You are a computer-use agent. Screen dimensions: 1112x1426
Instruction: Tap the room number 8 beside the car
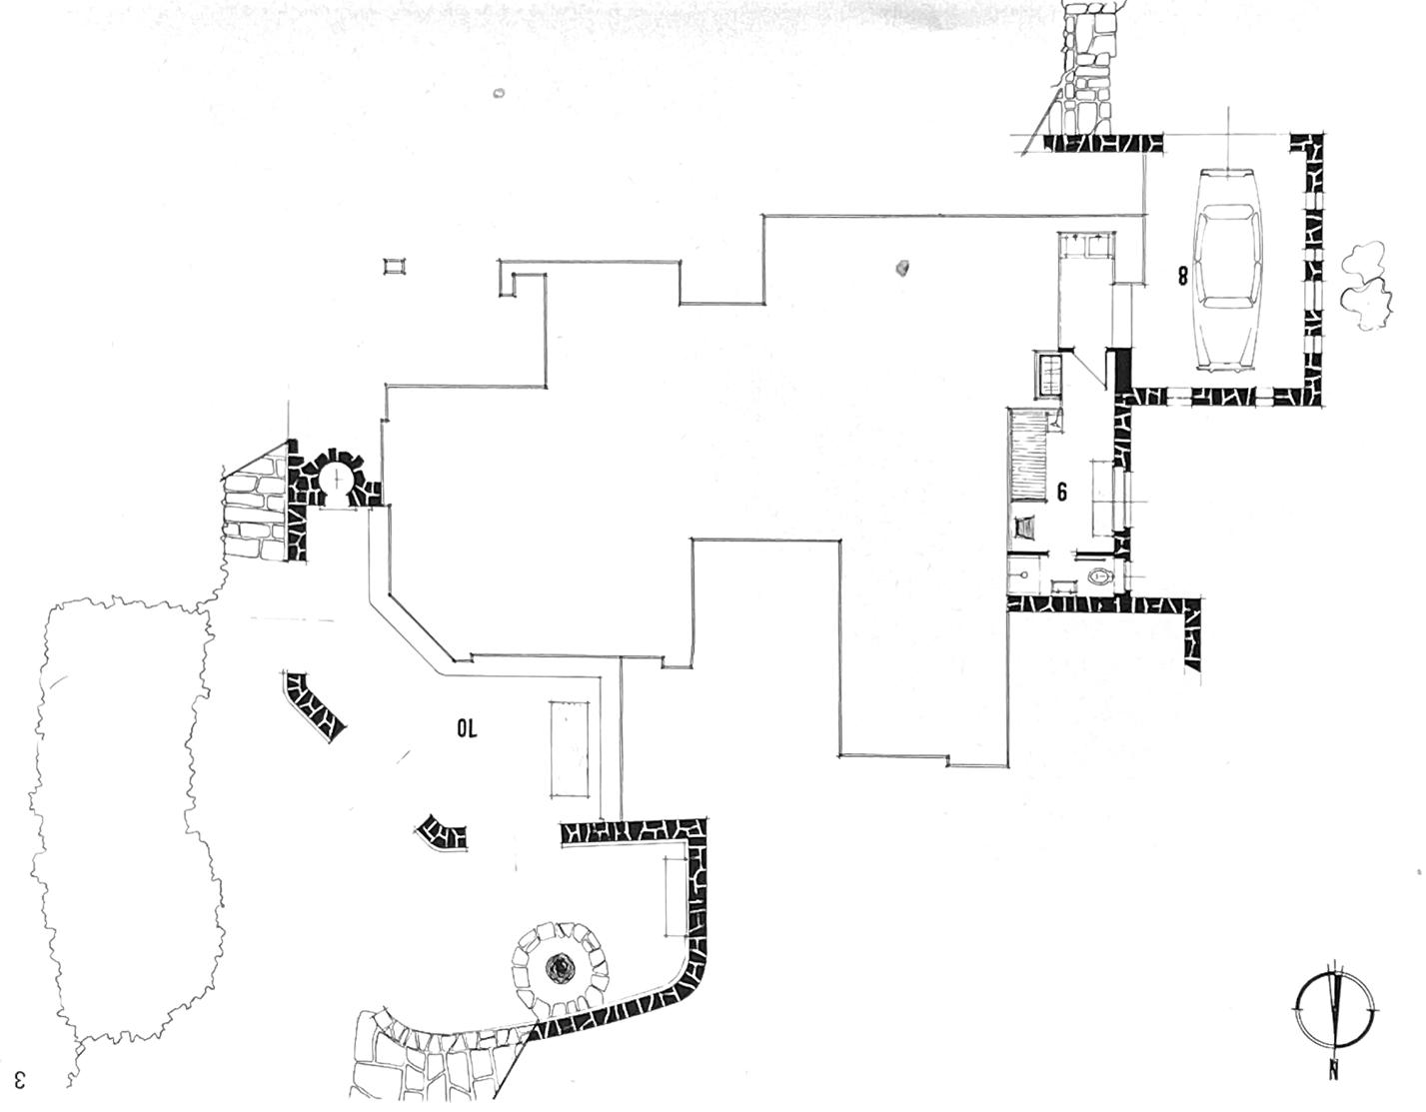[x=1183, y=276]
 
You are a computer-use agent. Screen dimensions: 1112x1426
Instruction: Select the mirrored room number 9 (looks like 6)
[x=1062, y=491]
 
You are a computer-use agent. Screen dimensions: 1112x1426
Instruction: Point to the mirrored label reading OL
[x=468, y=729]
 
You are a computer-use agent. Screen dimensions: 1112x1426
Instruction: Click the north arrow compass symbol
[x=1333, y=1007]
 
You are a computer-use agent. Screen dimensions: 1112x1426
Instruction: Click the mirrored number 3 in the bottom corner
[x=19, y=1080]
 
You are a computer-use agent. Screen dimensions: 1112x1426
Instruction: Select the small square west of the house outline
[x=396, y=265]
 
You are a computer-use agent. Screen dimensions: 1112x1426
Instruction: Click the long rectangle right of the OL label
[x=567, y=748]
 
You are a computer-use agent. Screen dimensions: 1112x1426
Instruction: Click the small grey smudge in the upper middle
[x=903, y=268]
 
